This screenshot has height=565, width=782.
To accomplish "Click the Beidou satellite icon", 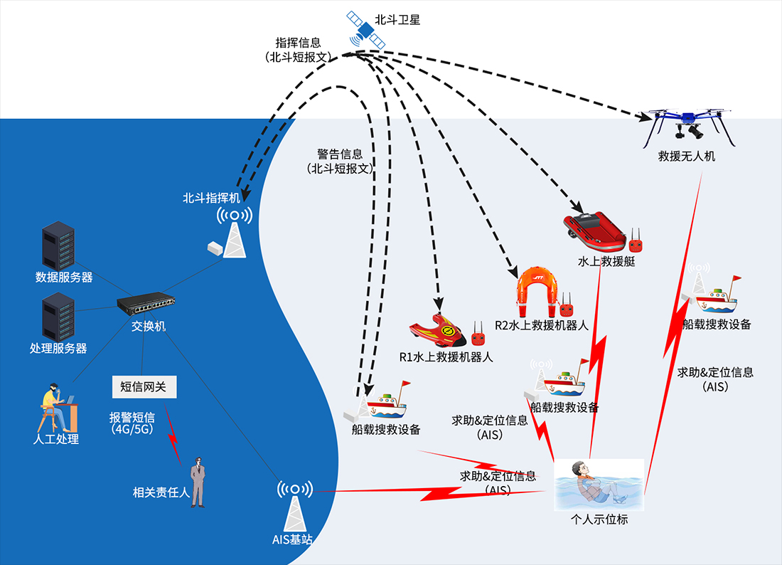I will click(363, 30).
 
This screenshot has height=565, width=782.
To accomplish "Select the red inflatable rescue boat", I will click(596, 231).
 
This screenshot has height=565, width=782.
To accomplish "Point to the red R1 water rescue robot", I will click(436, 331).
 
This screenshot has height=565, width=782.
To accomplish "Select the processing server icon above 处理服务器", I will click(58, 317).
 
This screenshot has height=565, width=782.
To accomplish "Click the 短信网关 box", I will click(143, 386).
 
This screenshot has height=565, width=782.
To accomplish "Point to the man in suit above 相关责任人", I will click(197, 483).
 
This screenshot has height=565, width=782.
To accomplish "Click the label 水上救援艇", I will click(606, 261).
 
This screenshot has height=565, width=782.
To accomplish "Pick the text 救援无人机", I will click(686, 156).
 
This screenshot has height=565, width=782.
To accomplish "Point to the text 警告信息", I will click(340, 154).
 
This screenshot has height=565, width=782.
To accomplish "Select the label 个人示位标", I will click(599, 519).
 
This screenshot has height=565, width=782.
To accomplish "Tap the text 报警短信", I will click(132, 417).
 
